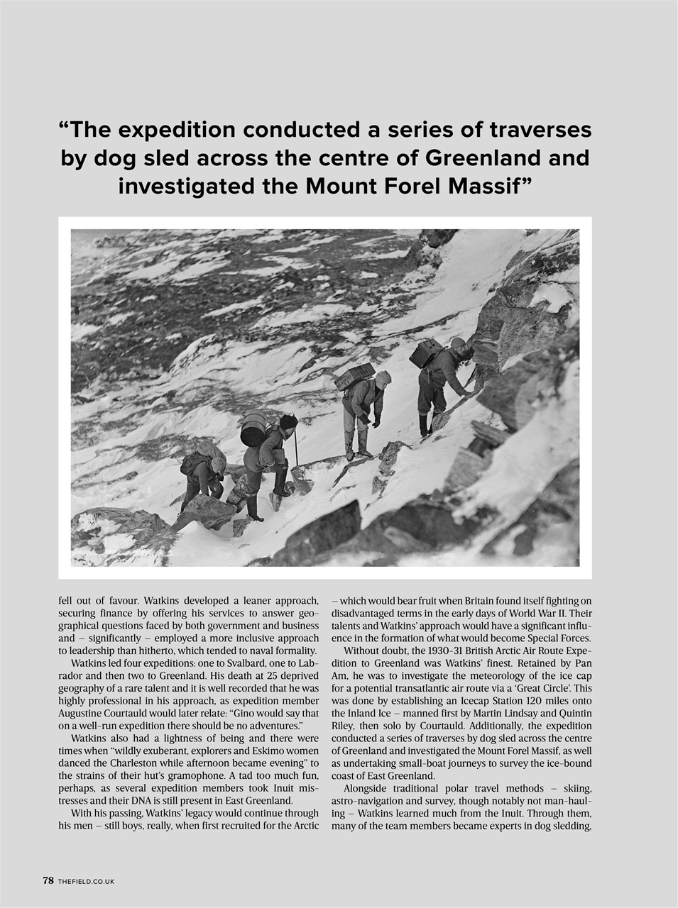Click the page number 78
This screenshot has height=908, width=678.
[48, 880]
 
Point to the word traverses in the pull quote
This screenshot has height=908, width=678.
[540, 130]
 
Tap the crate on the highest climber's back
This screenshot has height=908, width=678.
[427, 353]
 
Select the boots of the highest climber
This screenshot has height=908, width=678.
[425, 426]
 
